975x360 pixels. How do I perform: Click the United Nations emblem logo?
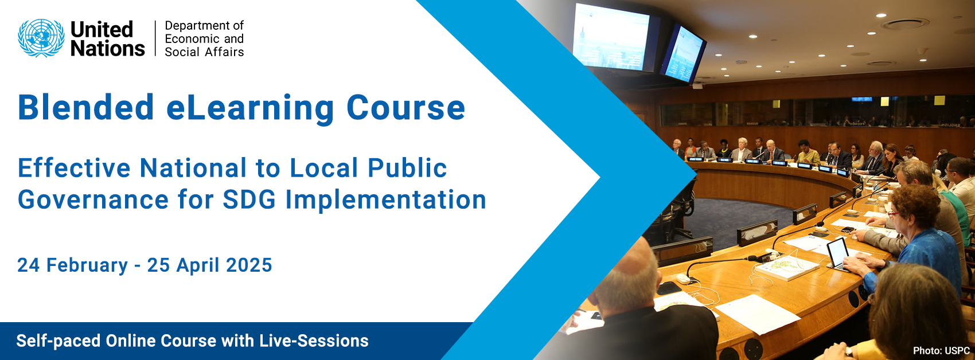coord(41,38)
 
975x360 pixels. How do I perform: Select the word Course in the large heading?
coord(405,108)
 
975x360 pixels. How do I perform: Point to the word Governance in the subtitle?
coord(93,200)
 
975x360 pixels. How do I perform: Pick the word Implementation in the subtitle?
coord(386,200)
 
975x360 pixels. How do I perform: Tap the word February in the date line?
coord(87,265)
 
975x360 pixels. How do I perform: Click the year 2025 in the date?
coord(249,265)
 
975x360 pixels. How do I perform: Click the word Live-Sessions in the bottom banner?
coord(314,341)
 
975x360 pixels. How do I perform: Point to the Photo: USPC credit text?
coord(941,350)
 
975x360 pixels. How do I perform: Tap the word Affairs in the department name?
coord(224,52)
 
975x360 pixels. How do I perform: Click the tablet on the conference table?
coord(837,253)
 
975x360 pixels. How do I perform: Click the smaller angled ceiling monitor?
coord(684,53)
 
